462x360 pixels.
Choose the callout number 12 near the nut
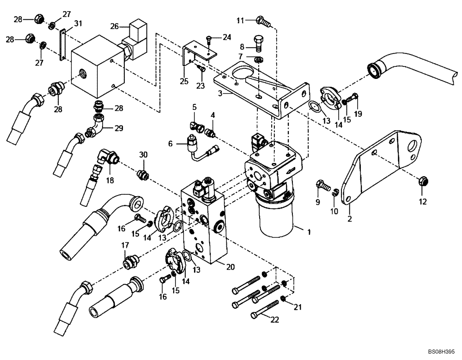(423, 201)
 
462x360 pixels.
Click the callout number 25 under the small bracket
(184, 82)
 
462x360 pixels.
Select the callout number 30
(143, 155)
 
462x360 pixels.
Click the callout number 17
(124, 246)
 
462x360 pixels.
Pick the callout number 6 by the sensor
(171, 144)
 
